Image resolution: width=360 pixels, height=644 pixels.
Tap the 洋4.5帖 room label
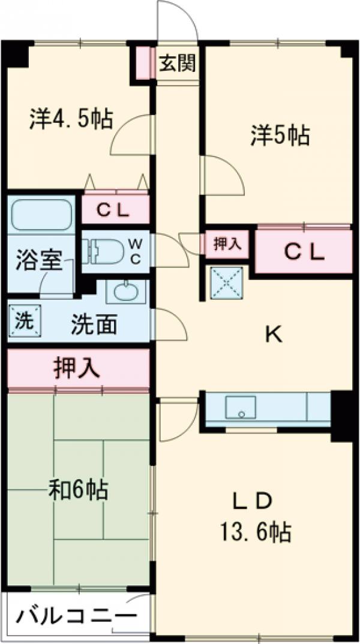[x=71, y=118]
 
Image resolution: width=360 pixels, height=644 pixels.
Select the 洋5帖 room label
[x=280, y=136]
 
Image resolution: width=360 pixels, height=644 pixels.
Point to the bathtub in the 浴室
[x=41, y=215]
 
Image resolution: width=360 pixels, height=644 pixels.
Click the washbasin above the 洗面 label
[x=125, y=292]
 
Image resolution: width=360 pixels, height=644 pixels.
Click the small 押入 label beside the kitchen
[x=227, y=245]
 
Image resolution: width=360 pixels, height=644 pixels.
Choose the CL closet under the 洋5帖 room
[x=304, y=252]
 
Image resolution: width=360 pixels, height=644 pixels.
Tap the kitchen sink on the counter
[x=242, y=408]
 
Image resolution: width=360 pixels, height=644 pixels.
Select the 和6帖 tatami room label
[x=78, y=490]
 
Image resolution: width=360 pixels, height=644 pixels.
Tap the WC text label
[x=136, y=251]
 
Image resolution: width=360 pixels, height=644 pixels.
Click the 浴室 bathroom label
[x=40, y=262]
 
